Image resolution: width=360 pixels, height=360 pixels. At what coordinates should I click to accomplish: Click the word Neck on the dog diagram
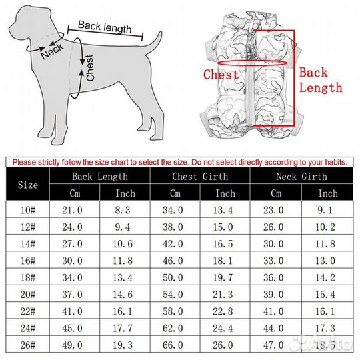(51, 51)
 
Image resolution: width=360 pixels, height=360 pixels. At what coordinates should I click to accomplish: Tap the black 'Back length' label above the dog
(105, 27)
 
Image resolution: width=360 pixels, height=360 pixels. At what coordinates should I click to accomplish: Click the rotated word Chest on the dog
(90, 68)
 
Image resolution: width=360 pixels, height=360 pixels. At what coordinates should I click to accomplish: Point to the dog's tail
(154, 43)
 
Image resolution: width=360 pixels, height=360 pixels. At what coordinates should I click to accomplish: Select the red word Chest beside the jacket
(221, 74)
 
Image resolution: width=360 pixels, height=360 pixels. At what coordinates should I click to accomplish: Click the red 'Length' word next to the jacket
(321, 88)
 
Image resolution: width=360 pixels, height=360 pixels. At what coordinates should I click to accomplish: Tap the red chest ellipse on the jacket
(252, 63)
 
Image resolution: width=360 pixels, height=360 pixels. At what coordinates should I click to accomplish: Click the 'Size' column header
(28, 185)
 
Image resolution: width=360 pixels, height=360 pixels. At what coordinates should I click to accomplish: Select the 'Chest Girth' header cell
(200, 176)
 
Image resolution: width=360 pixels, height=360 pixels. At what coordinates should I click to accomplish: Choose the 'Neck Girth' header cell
(301, 176)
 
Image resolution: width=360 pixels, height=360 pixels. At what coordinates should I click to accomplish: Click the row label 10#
(28, 210)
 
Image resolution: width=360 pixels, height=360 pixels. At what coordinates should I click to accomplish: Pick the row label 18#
(28, 277)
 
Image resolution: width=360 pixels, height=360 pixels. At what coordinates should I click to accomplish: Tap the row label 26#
(28, 345)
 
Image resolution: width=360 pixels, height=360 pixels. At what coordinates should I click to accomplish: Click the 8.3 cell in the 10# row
(123, 210)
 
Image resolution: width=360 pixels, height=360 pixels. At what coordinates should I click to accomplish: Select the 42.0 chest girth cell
(173, 243)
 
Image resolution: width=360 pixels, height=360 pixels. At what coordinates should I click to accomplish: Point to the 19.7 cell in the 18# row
(223, 277)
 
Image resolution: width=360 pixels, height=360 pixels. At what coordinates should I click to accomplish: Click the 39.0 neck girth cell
(273, 295)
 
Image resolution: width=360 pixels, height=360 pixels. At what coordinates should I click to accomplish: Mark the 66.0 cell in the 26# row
(173, 345)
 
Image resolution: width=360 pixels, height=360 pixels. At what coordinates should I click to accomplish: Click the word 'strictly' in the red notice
(49, 162)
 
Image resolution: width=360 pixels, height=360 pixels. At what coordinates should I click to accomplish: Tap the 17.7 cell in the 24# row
(123, 328)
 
